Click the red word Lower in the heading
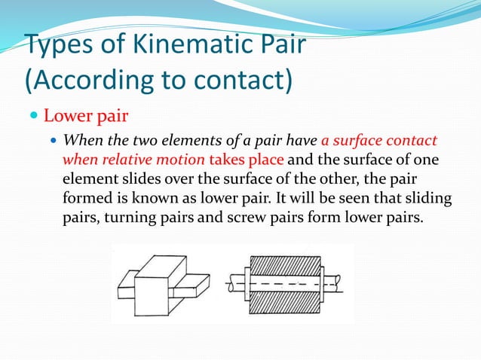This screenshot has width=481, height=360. pyautogui.click(x=67, y=117)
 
